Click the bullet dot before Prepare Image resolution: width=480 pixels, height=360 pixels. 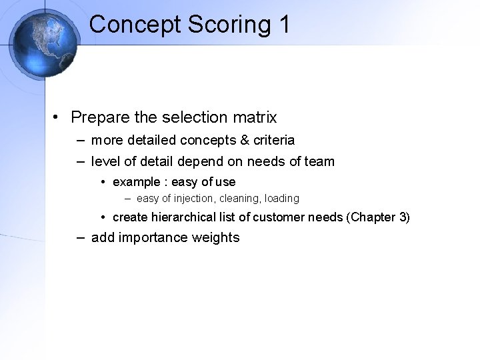coord(59,118)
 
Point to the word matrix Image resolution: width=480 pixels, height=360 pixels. coord(254,117)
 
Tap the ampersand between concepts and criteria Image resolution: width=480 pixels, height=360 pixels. coord(237,141)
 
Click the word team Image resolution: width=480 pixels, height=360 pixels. coord(319,161)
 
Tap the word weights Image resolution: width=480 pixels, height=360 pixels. coord(215,237)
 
